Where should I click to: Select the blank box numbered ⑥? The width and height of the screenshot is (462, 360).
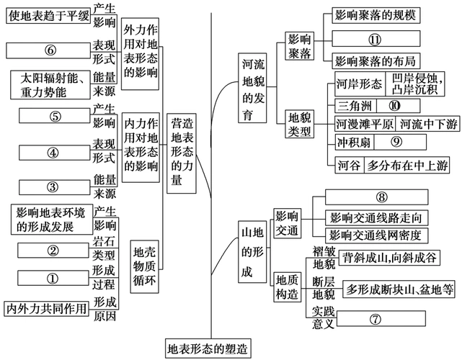click(x=50, y=50)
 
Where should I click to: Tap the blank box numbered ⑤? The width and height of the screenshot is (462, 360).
click(x=55, y=117)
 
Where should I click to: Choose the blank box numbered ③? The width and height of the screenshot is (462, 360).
click(x=53, y=186)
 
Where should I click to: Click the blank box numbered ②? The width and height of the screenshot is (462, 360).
click(x=53, y=251)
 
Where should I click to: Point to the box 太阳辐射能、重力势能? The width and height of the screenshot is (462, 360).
click(x=48, y=84)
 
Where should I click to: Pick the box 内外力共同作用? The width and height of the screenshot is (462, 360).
click(x=47, y=309)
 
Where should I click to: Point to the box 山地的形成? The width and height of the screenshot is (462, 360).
click(x=247, y=252)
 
